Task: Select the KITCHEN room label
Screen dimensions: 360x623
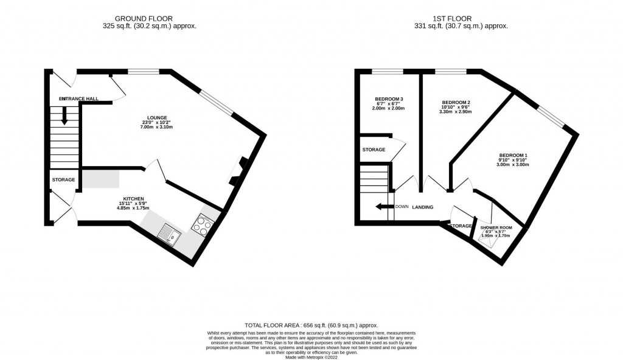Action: [x=133, y=199]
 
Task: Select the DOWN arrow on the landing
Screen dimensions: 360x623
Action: [x=384, y=207]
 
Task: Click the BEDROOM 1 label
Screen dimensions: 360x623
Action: [x=510, y=155]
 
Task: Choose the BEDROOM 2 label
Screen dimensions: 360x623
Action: [x=455, y=102]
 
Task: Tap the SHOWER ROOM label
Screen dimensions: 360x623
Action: [x=496, y=227]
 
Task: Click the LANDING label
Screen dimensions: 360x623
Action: [x=422, y=207]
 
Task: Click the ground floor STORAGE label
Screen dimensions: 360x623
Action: [x=63, y=180]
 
